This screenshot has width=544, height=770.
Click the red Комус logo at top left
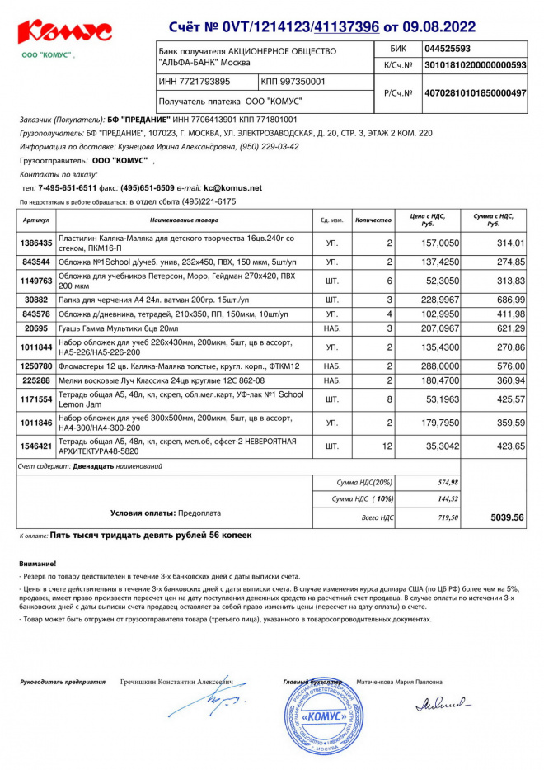pos(64,33)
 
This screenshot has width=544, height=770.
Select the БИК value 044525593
pos(448,49)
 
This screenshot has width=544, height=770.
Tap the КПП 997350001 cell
pos(293,82)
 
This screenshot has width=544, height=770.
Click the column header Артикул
pos(37,221)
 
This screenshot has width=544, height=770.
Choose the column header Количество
pos(373,221)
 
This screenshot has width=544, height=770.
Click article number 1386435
pos(37,243)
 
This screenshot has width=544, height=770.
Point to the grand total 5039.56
pos(507,517)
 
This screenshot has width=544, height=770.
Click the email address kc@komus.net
pos(233,188)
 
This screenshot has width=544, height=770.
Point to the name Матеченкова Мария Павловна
pos(399,683)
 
